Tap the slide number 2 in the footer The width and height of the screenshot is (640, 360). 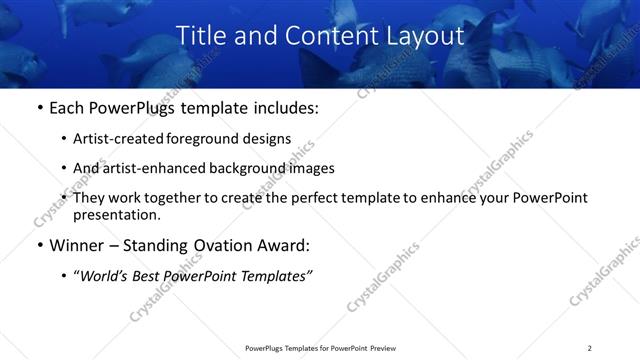point(589,348)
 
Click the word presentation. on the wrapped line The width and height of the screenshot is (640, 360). point(116,214)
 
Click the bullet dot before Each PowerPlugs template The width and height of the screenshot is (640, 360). point(39,108)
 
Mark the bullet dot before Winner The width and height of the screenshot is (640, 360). point(39,245)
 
